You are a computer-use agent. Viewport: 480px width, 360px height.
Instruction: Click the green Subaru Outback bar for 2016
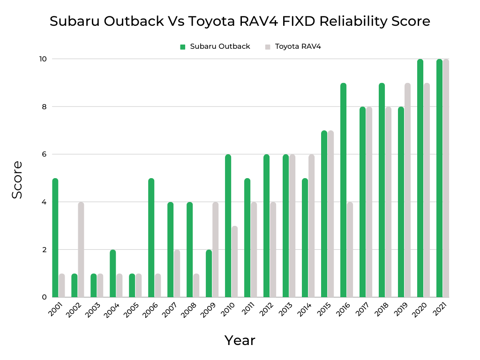pyautogui.click(x=344, y=190)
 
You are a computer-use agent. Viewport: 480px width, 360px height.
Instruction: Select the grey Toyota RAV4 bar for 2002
pyautogui.click(x=81, y=249)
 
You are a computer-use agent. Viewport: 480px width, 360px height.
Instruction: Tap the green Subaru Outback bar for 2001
pyautogui.click(x=55, y=238)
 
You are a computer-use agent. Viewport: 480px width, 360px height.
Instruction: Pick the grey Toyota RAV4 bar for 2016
pyautogui.click(x=350, y=249)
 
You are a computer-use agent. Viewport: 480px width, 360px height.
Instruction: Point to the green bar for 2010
pyautogui.click(x=228, y=225)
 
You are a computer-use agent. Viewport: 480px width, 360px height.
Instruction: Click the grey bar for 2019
pyautogui.click(x=407, y=190)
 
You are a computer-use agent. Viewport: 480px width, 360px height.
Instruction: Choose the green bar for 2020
pyautogui.click(x=420, y=178)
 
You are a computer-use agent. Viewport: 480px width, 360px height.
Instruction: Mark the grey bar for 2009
pyautogui.click(x=215, y=249)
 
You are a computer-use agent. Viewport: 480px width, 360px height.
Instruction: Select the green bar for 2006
pyautogui.click(x=151, y=238)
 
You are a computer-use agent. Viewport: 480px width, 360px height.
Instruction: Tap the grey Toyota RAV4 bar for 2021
pyautogui.click(x=446, y=178)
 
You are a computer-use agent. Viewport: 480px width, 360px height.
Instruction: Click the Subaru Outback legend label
pyautogui.click(x=220, y=46)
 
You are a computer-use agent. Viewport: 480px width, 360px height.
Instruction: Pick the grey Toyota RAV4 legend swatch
pyautogui.click(x=268, y=47)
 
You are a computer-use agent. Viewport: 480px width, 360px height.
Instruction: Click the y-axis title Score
pyautogui.click(x=17, y=180)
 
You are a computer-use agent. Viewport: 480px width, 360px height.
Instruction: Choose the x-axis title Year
pyautogui.click(x=240, y=340)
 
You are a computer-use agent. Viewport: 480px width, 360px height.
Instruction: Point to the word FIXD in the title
pyautogui.click(x=285, y=22)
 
